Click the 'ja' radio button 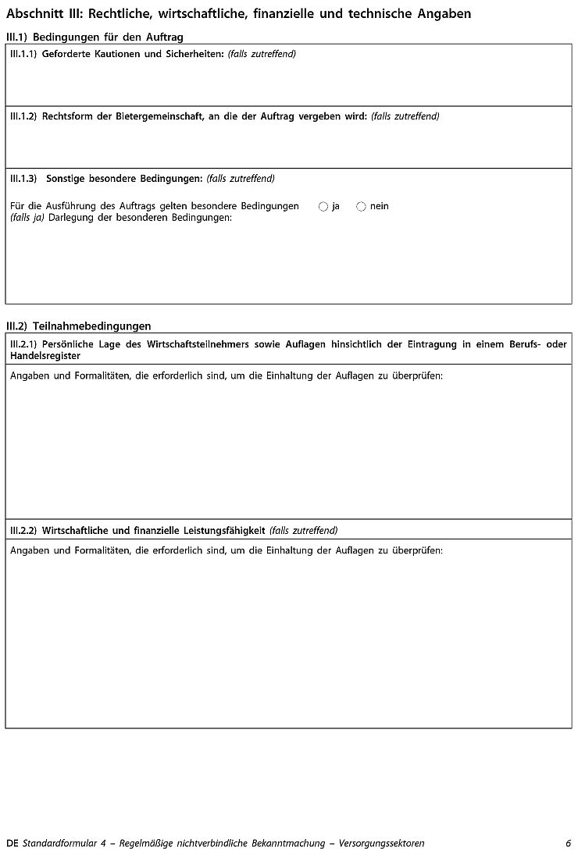[x=323, y=206]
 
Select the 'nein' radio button [x=361, y=206]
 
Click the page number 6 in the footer [x=569, y=843]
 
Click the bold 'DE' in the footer [x=12, y=843]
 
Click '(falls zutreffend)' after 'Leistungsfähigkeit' [x=303, y=531]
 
